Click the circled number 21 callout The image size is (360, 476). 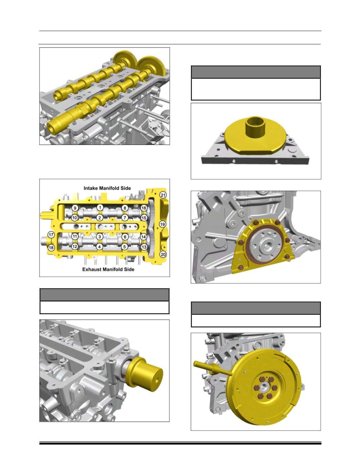(x=163, y=195)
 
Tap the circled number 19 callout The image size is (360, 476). (x=163, y=224)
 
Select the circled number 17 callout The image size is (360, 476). (x=51, y=235)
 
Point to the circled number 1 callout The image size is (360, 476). (x=100, y=208)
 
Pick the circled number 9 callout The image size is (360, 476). (x=75, y=208)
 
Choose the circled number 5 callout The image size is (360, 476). (x=125, y=247)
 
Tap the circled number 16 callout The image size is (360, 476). (x=144, y=208)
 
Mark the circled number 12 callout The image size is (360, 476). (x=75, y=247)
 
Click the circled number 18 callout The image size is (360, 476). (x=51, y=248)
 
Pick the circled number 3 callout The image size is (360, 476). (x=99, y=237)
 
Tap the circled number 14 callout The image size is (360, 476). (x=143, y=237)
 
